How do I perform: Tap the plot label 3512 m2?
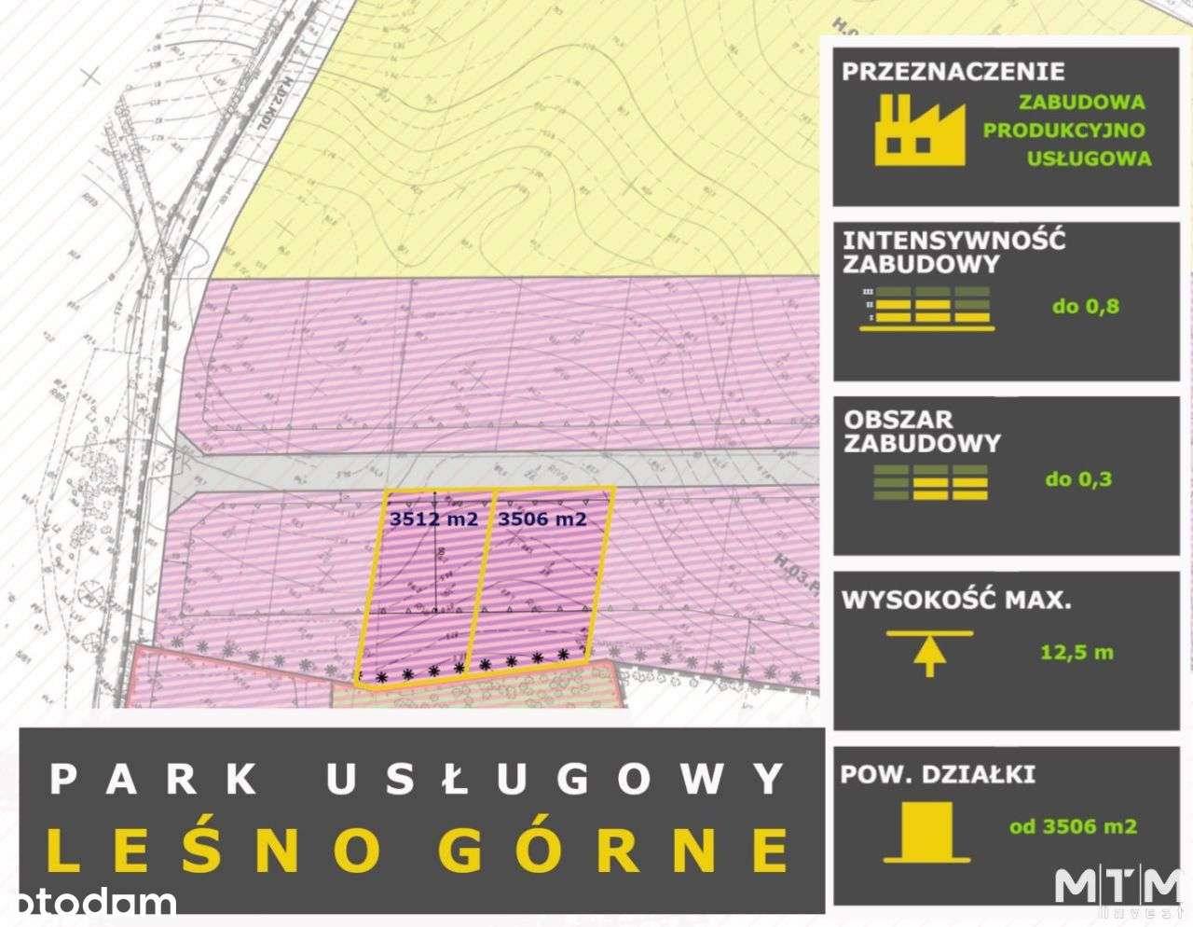click(x=434, y=519)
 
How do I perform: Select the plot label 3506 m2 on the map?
click(x=542, y=519)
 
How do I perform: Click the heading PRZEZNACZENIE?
click(x=953, y=72)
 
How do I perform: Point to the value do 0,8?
click(x=1085, y=306)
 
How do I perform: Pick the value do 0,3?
click(x=1078, y=479)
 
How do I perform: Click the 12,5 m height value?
click(x=1076, y=652)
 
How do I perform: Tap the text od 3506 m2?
click(x=1073, y=826)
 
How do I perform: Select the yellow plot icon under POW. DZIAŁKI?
click(x=926, y=831)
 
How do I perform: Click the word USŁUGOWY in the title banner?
click(x=556, y=779)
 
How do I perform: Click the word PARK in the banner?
click(x=154, y=779)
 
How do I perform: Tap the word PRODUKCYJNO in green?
click(x=1063, y=131)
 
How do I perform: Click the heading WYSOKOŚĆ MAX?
click(x=956, y=600)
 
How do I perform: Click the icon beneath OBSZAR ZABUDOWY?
click(x=930, y=482)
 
